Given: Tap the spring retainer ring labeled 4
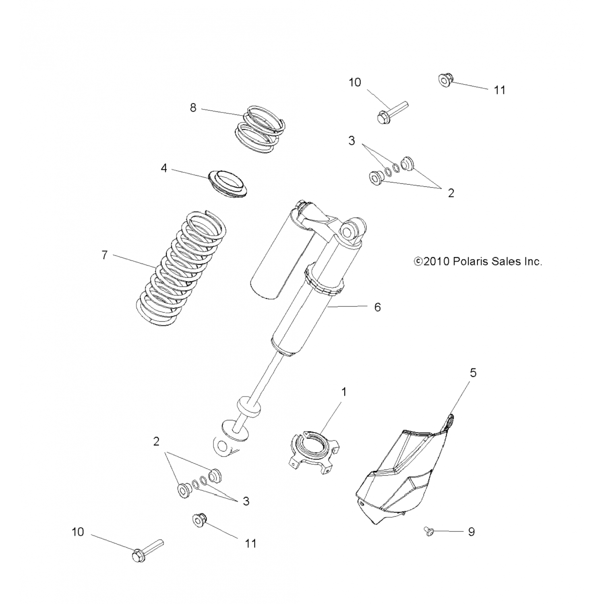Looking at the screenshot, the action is click(x=228, y=184).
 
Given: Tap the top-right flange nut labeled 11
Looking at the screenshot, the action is click(x=445, y=81).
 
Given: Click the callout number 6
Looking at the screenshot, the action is click(x=377, y=307).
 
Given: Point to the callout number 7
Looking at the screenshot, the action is click(x=104, y=255).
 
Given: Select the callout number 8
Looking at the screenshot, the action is click(x=193, y=108).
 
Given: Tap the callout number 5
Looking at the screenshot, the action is click(x=473, y=373).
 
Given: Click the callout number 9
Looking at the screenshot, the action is click(x=471, y=532).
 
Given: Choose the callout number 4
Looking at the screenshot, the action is click(x=164, y=168).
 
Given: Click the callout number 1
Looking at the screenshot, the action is click(x=344, y=391).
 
